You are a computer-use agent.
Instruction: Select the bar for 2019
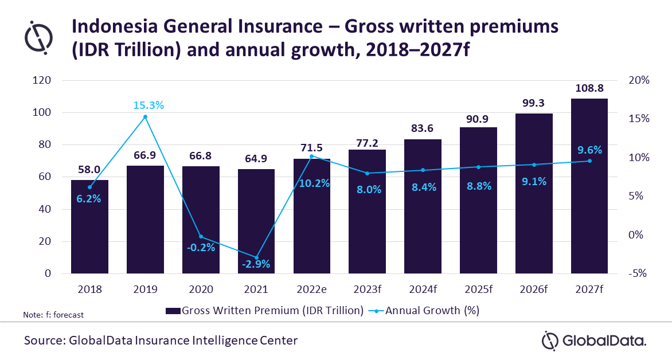pyautogui.click(x=145, y=220)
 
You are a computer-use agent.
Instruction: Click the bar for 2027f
pyautogui.click(x=589, y=186)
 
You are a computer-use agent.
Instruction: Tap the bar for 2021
pyautogui.click(x=256, y=221)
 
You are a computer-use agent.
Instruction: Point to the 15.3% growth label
pyautogui.click(x=149, y=105)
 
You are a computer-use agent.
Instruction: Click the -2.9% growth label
pyautogui.click(x=256, y=264)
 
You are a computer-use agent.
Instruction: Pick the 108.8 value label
pyautogui.click(x=589, y=88)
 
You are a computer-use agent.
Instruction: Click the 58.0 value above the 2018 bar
pyautogui.click(x=89, y=169)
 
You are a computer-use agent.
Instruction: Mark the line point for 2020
pyautogui.click(x=201, y=237)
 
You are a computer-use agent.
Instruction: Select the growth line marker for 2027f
pyautogui.click(x=589, y=161)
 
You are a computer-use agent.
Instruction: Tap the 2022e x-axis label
pyautogui.click(x=311, y=289)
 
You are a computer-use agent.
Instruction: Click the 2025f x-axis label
pyautogui.click(x=478, y=289)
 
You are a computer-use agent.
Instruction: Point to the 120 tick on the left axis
pyautogui.click(x=42, y=80)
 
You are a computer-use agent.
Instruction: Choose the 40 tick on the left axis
pyautogui.click(x=45, y=209)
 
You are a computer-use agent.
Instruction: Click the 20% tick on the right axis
pyautogui.click(x=639, y=80)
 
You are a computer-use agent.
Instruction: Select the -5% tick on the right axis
pyautogui.click(x=637, y=273)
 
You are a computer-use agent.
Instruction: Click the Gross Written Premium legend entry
pyautogui.click(x=264, y=310)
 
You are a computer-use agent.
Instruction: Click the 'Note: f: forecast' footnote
pyautogui.click(x=53, y=315)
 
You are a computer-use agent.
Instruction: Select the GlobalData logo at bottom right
pyautogui.click(x=594, y=341)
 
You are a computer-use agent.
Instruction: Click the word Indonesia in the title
pyautogui.click(x=114, y=26)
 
